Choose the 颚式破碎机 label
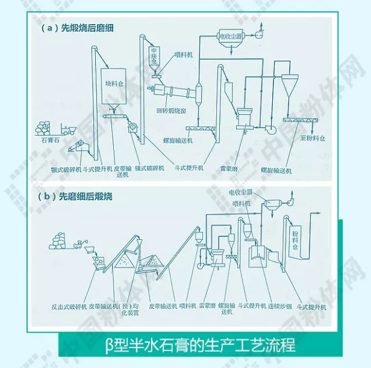67,169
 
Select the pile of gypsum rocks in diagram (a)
43,127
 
